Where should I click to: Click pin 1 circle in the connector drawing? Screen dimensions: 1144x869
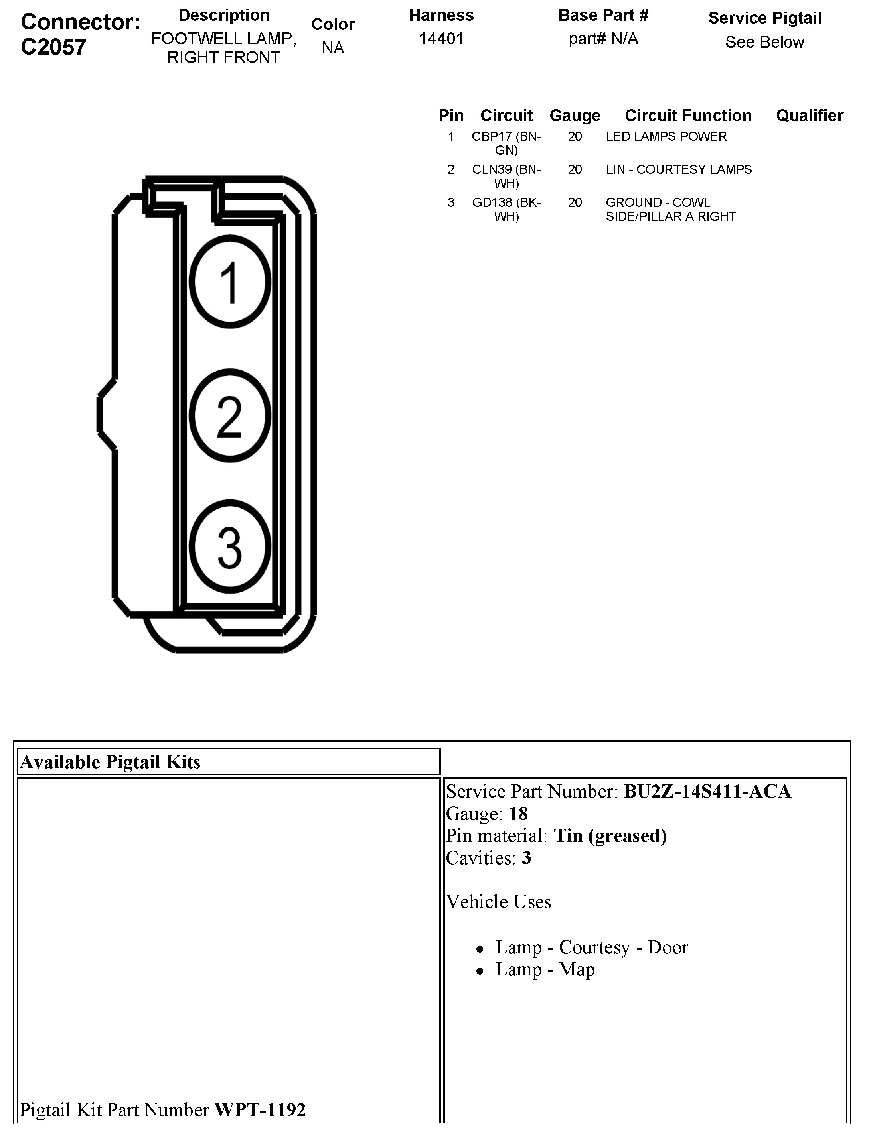[230, 282]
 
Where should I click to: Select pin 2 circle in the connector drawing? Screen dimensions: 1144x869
[230, 415]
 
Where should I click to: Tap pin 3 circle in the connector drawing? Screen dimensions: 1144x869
[230, 546]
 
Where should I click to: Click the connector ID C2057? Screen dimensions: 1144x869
[53, 47]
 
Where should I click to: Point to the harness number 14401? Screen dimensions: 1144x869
[441, 39]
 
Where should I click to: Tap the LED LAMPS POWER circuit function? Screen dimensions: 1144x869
[666, 137]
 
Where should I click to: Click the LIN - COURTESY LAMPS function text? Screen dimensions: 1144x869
[679, 170]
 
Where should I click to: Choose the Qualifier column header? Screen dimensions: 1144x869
[810, 115]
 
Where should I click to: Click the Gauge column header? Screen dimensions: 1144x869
[575, 115]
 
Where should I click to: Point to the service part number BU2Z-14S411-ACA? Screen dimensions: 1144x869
[707, 792]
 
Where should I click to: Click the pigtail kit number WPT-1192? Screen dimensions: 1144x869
[260, 1109]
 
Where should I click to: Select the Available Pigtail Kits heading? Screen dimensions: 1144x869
[110, 762]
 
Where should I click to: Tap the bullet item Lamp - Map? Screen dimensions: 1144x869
[545, 969]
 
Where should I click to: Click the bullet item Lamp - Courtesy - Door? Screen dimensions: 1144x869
[592, 947]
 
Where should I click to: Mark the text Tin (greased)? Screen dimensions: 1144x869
[610, 836]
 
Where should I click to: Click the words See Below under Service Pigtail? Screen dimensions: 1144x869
[764, 42]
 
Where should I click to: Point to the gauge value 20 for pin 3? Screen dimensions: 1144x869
[575, 203]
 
